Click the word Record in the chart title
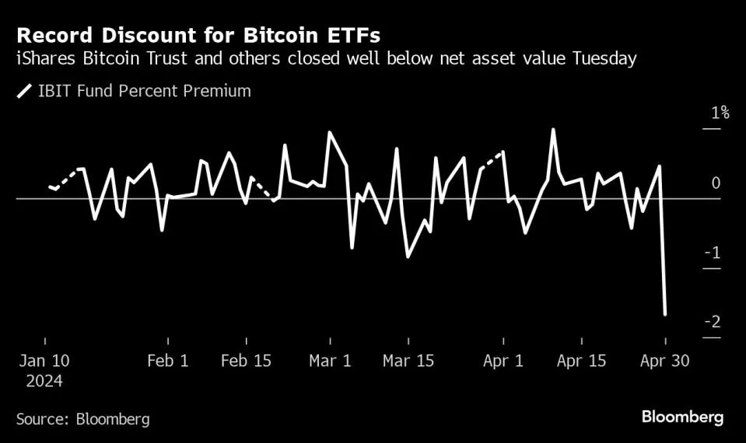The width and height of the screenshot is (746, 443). [51, 36]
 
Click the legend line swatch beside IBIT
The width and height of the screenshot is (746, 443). [23, 92]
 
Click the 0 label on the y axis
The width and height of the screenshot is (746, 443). [716, 183]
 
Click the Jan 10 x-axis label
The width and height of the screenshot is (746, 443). [44, 361]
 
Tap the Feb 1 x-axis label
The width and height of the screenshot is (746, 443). [167, 361]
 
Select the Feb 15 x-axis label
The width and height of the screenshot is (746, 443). [246, 361]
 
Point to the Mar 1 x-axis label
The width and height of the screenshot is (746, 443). [331, 361]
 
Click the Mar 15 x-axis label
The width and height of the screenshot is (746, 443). [408, 361]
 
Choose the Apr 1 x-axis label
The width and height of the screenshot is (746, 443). [504, 361]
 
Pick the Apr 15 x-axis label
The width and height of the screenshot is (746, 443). [582, 361]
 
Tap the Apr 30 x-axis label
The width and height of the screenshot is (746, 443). [665, 361]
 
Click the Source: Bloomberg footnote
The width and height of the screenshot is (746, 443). [82, 419]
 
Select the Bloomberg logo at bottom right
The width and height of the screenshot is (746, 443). [682, 417]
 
